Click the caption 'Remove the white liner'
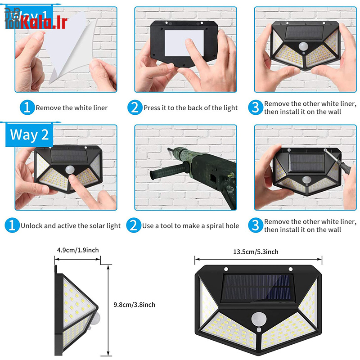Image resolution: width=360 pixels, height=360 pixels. pos(72,108)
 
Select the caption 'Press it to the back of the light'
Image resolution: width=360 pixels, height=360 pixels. pos(190,108)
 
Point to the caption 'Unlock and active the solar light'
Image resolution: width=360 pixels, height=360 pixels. pos(71,226)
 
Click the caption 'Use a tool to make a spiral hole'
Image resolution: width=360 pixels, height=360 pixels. pos(190,226)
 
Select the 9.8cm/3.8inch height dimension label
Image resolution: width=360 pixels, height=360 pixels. pos(135,305)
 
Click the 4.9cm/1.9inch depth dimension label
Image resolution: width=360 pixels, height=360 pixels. pos(78,250)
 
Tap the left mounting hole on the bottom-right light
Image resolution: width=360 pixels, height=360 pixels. pos(226,269)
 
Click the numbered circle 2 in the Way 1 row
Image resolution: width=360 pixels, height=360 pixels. pos(135,108)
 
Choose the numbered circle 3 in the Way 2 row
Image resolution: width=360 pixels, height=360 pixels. pos(256,225)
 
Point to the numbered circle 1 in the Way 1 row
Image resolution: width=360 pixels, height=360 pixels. pos(27,108)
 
